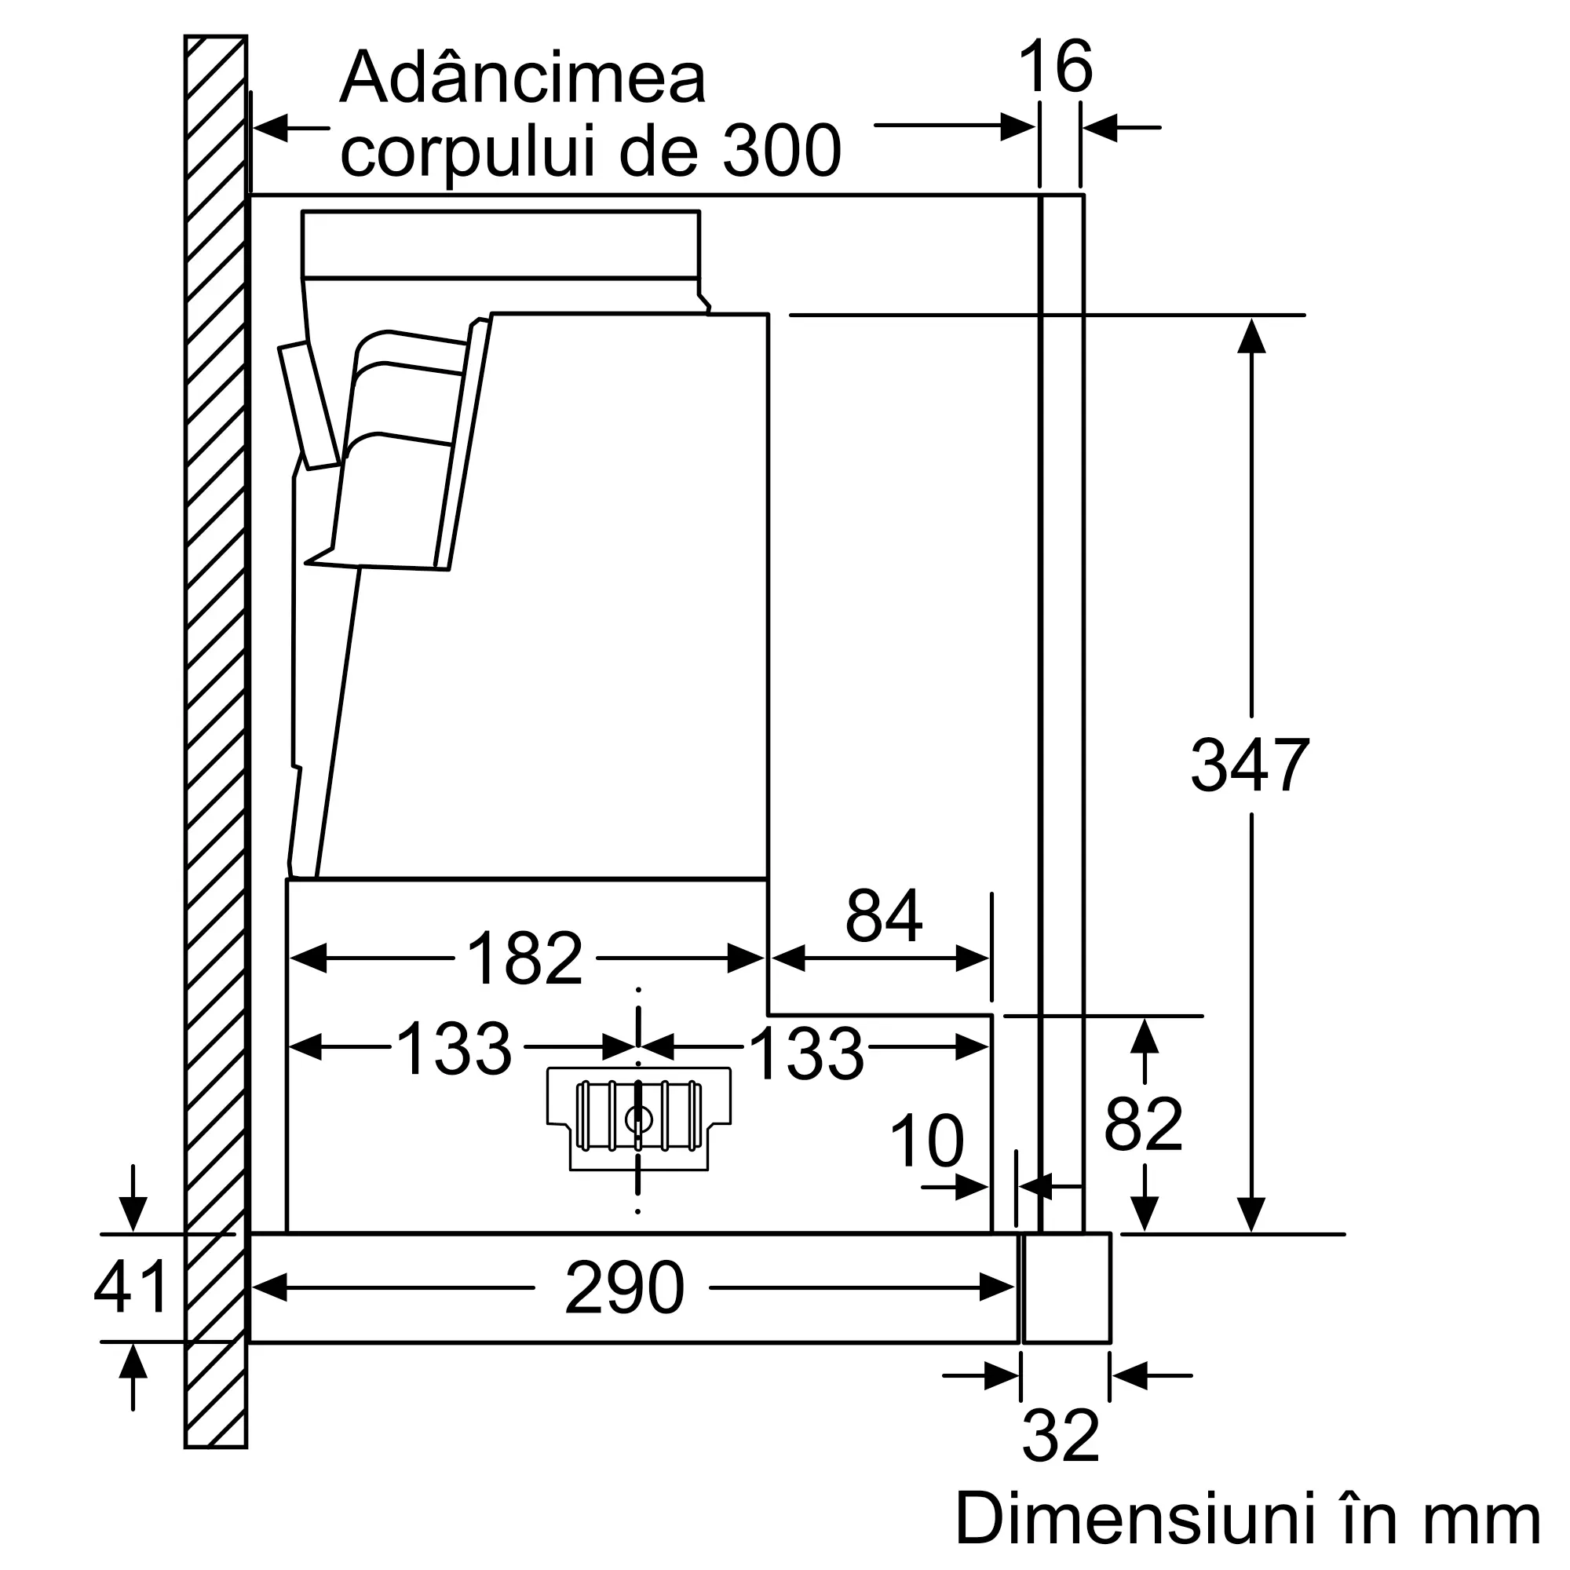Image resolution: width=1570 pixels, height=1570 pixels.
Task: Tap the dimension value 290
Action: tap(624, 1287)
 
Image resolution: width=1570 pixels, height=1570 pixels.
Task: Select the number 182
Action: tap(525, 958)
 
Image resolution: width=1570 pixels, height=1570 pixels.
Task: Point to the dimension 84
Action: tap(883, 916)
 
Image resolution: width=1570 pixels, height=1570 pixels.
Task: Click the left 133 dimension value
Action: tap(455, 1048)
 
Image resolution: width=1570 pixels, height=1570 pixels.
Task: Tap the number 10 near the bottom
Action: tap(926, 1141)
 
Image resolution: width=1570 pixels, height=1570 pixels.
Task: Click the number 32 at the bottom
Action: tap(1061, 1436)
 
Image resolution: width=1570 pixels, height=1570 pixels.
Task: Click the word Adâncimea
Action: tap(523, 78)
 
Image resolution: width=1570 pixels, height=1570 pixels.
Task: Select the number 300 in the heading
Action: tap(781, 152)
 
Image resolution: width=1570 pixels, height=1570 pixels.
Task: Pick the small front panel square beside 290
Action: tap(1066, 1288)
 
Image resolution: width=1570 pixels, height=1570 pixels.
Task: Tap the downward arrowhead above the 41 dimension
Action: tap(133, 1214)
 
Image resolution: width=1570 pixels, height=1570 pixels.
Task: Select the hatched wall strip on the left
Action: tap(215, 732)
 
